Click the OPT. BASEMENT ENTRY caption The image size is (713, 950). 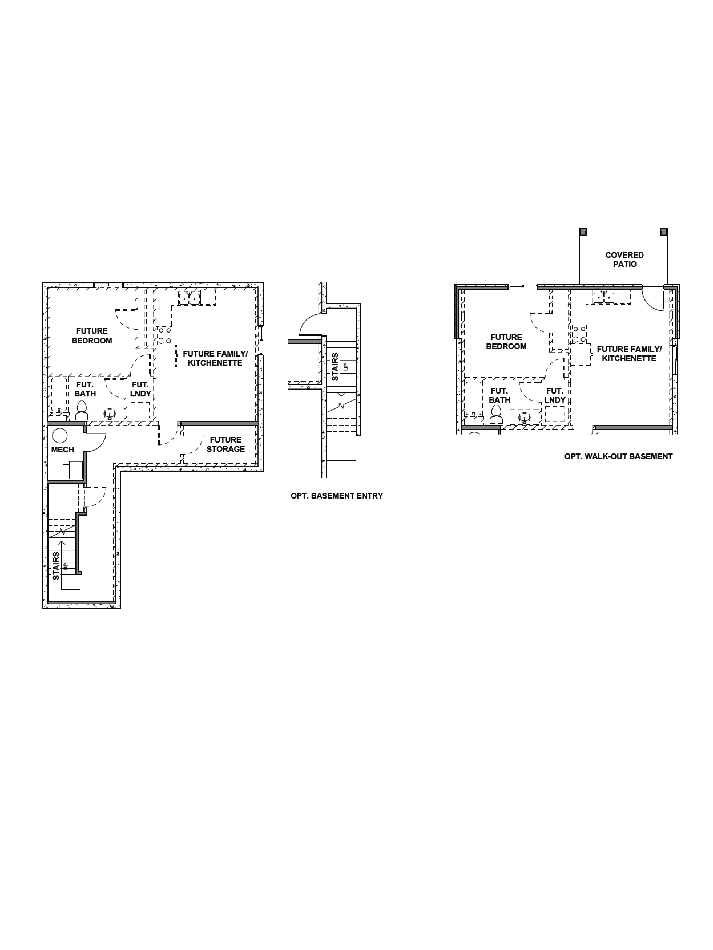coord(336,496)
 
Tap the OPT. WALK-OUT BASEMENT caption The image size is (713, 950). coord(618,457)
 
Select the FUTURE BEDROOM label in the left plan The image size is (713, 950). coord(91,335)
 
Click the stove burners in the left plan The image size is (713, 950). coord(164,335)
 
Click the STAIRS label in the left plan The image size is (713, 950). coord(56,566)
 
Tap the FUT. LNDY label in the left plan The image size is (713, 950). coord(141,389)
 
